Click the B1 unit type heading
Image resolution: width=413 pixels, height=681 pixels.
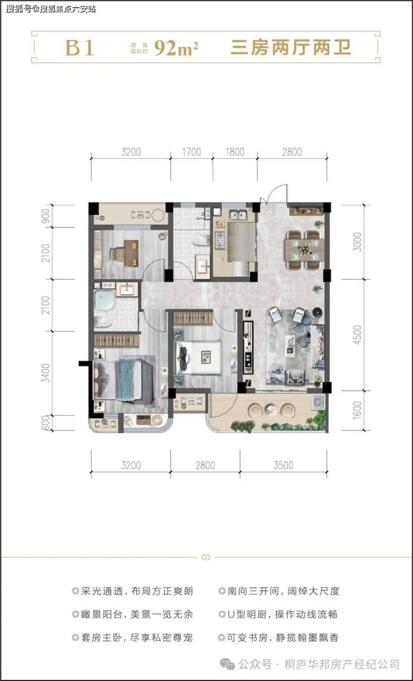[x=79, y=48]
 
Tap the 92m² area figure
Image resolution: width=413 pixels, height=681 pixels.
[x=176, y=48]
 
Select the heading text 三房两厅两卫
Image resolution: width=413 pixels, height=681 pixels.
[x=291, y=48]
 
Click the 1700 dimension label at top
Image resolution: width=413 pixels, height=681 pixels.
[x=191, y=152]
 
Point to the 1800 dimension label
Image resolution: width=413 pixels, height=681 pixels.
[x=235, y=152]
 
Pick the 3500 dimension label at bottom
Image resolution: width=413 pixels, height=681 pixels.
[x=284, y=465]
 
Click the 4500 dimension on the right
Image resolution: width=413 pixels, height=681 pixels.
[x=357, y=335]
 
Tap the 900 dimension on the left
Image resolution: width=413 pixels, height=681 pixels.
[x=46, y=216]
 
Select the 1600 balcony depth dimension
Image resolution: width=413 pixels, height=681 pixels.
[x=357, y=410]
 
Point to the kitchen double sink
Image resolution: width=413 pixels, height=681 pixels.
[x=238, y=215]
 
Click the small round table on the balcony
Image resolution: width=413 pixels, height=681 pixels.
[x=269, y=409]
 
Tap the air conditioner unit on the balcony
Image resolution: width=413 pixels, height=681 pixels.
[x=318, y=402]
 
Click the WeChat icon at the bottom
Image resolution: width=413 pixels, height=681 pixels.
[x=227, y=664]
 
